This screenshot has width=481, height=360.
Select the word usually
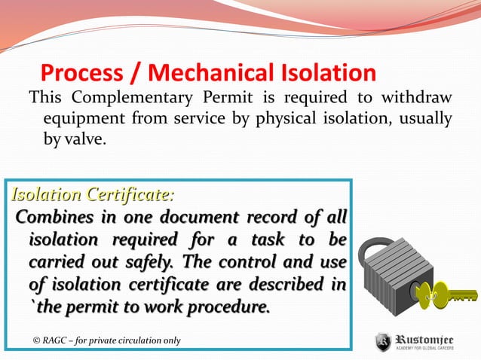point(421,118)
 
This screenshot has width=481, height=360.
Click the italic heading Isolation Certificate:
point(91,196)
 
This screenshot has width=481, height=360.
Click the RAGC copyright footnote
point(106,340)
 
